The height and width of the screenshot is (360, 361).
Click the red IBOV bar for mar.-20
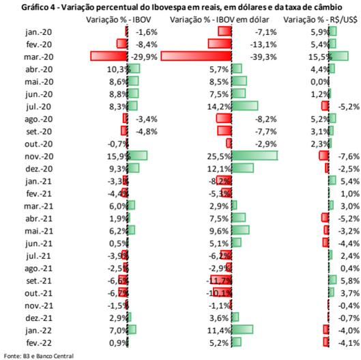[x=109, y=56]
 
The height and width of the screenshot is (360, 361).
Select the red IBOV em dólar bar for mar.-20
[x=196, y=56]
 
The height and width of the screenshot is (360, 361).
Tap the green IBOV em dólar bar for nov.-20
[x=255, y=156]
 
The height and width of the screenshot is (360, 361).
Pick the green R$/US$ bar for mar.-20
[x=338, y=56]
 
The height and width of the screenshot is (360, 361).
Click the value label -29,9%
[x=144, y=57]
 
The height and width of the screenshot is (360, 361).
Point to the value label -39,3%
[x=263, y=57]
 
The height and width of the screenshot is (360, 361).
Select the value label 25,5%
[x=219, y=156]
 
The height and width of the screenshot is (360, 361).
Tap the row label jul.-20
[x=38, y=107]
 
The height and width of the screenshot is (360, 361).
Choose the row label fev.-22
[x=39, y=343]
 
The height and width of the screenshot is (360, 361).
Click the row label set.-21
[x=39, y=281]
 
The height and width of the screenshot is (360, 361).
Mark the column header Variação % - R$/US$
[x=320, y=20]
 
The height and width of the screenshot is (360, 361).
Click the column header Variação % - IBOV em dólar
[x=220, y=20]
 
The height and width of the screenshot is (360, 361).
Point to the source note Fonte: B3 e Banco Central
[x=39, y=356]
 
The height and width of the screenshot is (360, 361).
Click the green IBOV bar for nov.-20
[x=137, y=156]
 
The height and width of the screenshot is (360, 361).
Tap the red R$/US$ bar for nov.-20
[x=324, y=156]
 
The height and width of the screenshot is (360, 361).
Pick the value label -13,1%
[x=263, y=44]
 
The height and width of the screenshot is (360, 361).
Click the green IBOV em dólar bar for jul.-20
[x=245, y=106]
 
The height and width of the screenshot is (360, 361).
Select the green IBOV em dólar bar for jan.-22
[x=242, y=329]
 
